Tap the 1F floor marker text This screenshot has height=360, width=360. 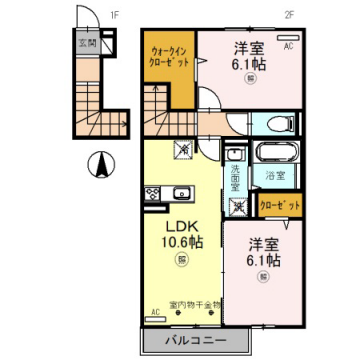click(114, 15)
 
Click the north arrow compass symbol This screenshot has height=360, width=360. click(99, 162)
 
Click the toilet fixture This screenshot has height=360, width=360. click(282, 124)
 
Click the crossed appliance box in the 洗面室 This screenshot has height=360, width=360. click(237, 207)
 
